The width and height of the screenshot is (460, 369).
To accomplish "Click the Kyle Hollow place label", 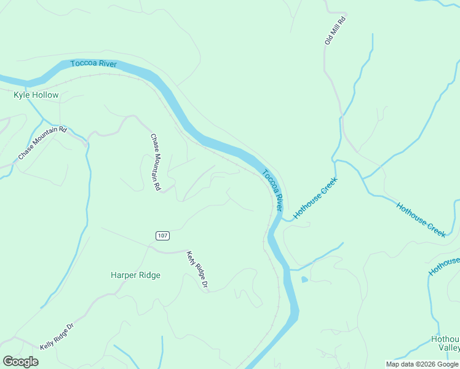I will click(x=36, y=95).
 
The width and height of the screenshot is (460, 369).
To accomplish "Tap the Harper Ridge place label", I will click(x=135, y=275).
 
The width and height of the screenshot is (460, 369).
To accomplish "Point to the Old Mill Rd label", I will click(x=336, y=31).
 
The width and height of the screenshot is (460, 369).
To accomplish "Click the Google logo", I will click(x=20, y=362).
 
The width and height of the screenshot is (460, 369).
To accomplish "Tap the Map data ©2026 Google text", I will click(x=422, y=364).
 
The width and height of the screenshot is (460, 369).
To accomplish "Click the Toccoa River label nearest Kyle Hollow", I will click(x=93, y=64).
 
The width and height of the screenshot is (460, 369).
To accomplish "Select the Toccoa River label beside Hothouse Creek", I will click(x=274, y=188).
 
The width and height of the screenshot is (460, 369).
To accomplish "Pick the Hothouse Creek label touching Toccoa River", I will click(x=315, y=198).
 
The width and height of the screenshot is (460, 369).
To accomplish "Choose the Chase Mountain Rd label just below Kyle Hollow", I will click(x=42, y=143).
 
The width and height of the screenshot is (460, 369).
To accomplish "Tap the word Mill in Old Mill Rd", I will click(x=336, y=30).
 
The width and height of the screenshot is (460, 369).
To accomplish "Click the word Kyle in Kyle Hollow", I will click(x=22, y=95).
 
